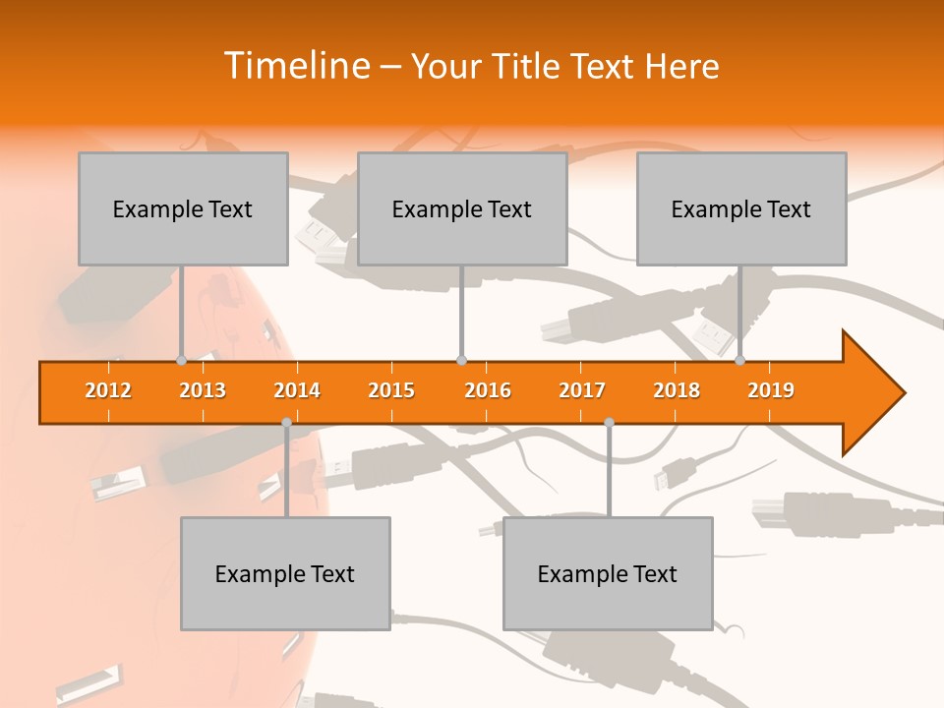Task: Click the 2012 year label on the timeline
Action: [108, 390]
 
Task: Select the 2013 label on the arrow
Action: [203, 390]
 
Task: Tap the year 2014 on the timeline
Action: [297, 390]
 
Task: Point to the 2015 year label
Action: [391, 390]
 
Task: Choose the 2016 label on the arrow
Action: [488, 390]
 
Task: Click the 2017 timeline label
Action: [582, 390]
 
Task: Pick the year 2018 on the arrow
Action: [677, 390]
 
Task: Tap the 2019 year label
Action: [771, 390]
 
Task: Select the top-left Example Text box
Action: [183, 208]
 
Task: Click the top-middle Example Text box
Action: [462, 208]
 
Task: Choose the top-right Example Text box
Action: [741, 208]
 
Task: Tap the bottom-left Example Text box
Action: [285, 573]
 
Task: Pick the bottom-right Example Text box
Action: [608, 573]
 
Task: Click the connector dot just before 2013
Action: [182, 360]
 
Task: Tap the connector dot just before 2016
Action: [461, 360]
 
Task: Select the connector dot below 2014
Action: [286, 423]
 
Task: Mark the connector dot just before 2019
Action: [740, 360]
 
